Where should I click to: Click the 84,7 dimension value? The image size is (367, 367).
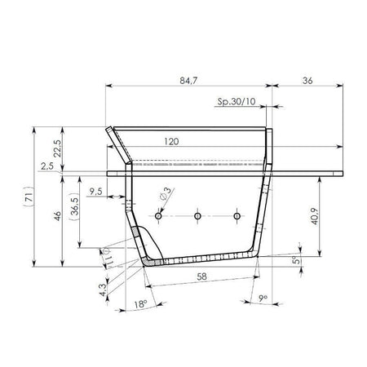pos(188,81)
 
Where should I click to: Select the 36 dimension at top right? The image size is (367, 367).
pos(307,81)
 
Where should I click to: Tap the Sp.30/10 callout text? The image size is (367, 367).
pos(237,101)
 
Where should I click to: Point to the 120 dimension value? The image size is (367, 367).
pos(171,141)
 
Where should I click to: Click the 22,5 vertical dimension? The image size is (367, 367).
pos(57,148)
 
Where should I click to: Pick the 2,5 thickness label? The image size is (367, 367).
pos(47,166)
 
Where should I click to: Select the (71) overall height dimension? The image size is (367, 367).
pos(29,197)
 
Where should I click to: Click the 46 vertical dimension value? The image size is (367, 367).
pos(58,216)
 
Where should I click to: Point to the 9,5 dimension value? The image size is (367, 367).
pos(96,192)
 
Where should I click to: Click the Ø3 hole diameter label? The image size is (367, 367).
pos(166,194)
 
